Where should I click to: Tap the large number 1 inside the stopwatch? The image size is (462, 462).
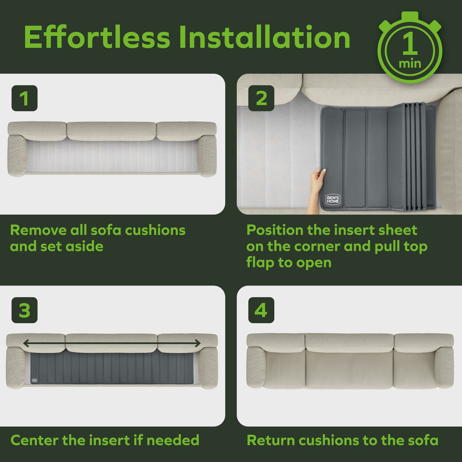tap(410, 43)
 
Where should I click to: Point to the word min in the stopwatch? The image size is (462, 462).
tap(410, 64)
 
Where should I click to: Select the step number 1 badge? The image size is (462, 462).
tap(24, 98)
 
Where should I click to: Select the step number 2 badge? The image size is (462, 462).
tap(261, 98)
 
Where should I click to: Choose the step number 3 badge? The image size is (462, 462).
tap(24, 310)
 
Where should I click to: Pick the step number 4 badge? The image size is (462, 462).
tap(261, 310)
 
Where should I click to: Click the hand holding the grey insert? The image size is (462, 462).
tap(317, 189)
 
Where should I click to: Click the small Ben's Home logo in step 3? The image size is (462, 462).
tap(35, 380)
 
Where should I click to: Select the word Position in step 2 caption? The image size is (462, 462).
tap(275, 230)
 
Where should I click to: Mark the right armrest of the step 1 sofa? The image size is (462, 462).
tap(208, 156)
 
